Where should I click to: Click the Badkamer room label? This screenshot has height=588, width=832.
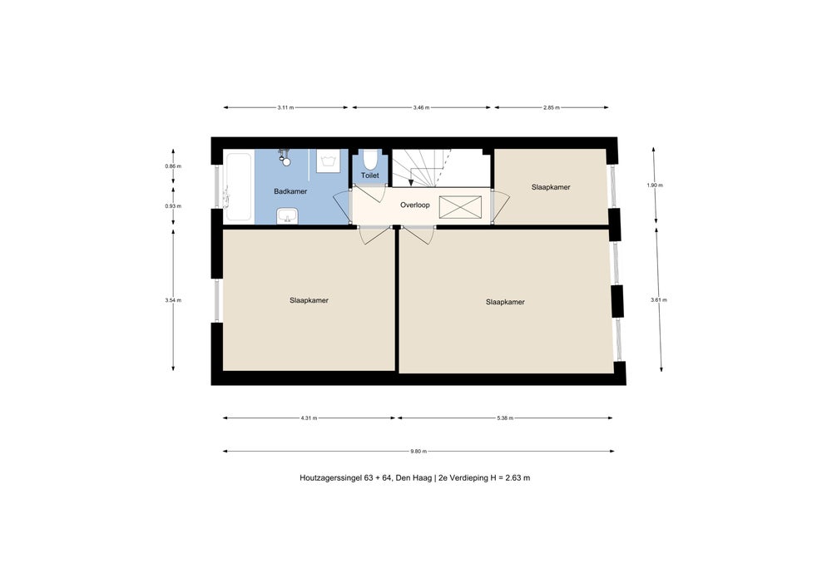click(x=290, y=191)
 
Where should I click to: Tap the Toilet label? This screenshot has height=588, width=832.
click(x=370, y=175)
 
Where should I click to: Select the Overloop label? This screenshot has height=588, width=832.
click(x=415, y=205)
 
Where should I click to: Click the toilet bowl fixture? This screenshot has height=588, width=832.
click(x=370, y=160)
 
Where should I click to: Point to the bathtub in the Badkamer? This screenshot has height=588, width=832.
click(x=237, y=186)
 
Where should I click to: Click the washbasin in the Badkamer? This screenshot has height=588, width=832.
click(x=288, y=215)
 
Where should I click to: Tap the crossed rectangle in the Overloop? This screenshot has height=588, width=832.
click(x=461, y=207)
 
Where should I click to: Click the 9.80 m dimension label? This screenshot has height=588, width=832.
click(x=418, y=452)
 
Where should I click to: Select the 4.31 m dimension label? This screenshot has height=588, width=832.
click(x=309, y=418)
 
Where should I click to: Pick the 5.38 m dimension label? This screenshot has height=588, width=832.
click(x=505, y=418)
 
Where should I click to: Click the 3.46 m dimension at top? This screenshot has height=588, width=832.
click(x=421, y=107)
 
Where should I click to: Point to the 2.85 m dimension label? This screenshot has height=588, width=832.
click(x=552, y=107)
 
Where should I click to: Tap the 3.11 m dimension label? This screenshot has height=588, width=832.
click(x=285, y=107)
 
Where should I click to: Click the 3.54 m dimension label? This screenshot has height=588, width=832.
click(x=173, y=300)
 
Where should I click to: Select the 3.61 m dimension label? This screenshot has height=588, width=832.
click(x=658, y=300)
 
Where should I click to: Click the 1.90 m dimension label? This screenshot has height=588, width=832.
click(x=655, y=185)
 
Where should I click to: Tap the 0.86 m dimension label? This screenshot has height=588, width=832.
click(x=173, y=166)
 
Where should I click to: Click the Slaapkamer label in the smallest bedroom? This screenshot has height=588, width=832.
click(x=551, y=187)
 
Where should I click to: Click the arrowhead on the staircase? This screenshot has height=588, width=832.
click(x=411, y=183)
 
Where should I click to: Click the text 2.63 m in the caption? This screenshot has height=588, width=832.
click(x=518, y=477)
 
